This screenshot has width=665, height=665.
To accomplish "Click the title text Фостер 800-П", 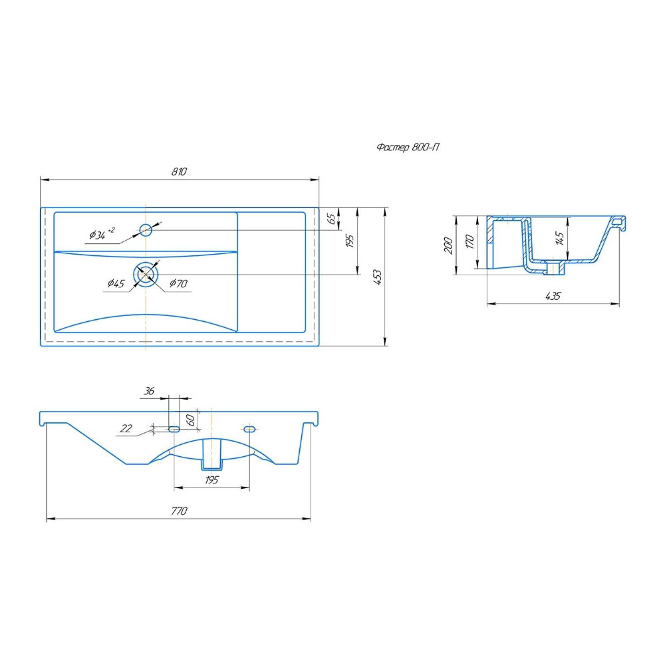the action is [x=408, y=147].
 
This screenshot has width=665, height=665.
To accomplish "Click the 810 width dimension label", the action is [x=179, y=172].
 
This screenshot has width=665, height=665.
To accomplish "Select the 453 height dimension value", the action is [x=377, y=277].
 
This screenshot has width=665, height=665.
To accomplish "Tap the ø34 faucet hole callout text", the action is [x=102, y=233].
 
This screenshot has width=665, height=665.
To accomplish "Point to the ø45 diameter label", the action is [x=116, y=283].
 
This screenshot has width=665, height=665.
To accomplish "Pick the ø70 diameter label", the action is [x=178, y=283].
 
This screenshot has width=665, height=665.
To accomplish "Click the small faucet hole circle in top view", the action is [x=146, y=230].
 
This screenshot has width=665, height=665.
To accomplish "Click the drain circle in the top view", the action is [x=146, y=275].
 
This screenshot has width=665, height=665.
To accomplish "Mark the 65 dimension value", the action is [x=332, y=218].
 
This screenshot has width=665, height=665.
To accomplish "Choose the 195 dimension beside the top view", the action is [x=350, y=241].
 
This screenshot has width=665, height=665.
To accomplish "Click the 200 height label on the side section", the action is [x=448, y=245].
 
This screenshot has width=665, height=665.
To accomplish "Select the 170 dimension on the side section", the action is [x=469, y=241].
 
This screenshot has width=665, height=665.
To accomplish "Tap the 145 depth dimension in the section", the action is [x=560, y=238].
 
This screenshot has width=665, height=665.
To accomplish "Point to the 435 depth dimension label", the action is [x=553, y=296].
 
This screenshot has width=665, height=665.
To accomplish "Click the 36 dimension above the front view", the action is [x=149, y=390].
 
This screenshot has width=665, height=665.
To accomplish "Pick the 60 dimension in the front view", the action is [x=191, y=420].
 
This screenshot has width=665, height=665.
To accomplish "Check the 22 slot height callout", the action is [x=126, y=428].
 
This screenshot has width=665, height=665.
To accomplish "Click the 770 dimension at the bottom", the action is [x=179, y=511].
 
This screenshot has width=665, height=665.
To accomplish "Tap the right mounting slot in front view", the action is [x=249, y=429].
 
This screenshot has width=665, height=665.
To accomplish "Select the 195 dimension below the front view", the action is [x=211, y=479].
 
